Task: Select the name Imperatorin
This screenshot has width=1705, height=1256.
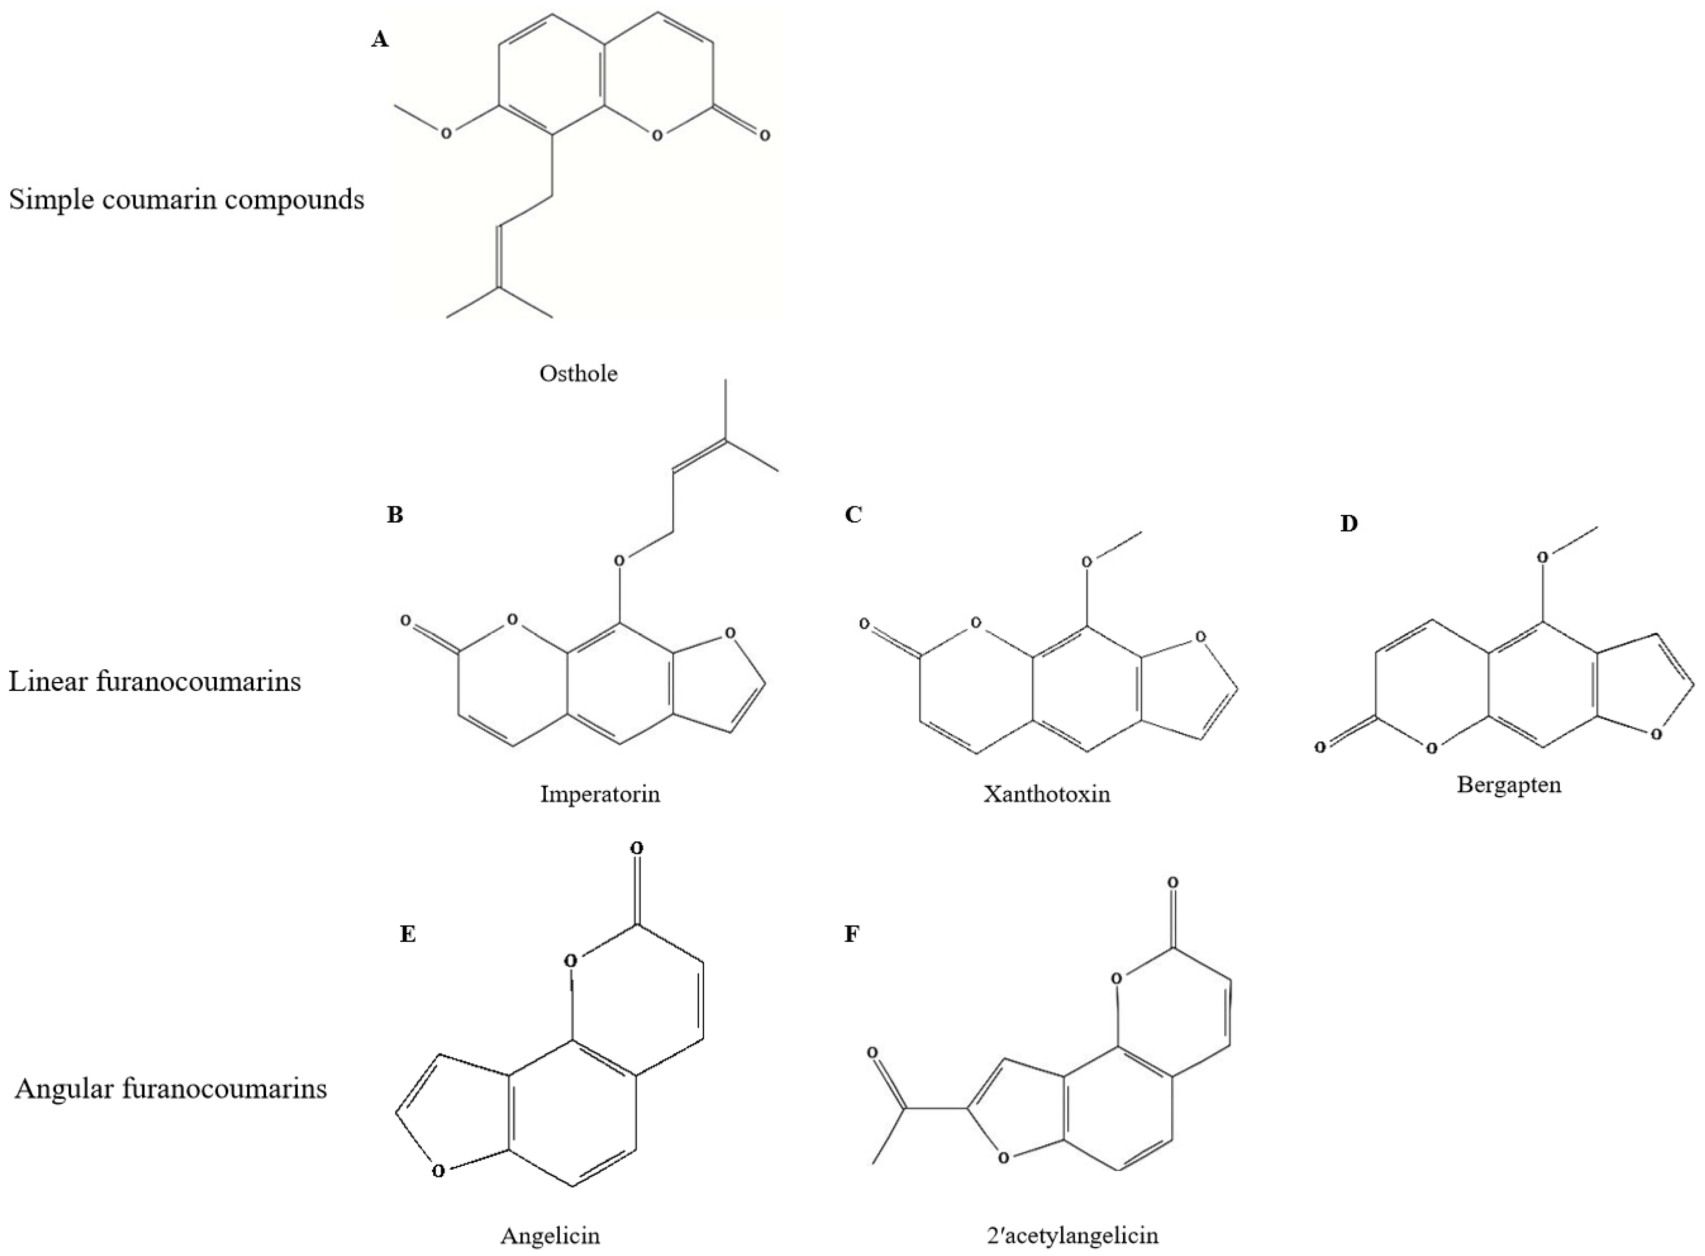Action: pos(600,795)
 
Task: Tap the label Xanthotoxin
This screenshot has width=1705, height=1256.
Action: pos(1046,795)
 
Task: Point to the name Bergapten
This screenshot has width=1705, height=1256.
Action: pos(1509,784)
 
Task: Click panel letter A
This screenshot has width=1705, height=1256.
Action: pos(379,40)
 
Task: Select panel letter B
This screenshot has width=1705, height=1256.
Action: pos(394,515)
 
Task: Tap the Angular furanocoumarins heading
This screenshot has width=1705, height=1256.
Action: pos(170,1089)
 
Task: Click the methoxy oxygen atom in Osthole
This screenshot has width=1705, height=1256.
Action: pos(446,134)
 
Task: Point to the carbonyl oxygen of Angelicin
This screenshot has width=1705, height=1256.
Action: pos(637,848)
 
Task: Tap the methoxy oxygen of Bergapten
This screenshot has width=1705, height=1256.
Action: pos(1542,557)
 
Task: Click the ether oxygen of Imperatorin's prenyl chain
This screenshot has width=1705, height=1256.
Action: pos(619,560)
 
